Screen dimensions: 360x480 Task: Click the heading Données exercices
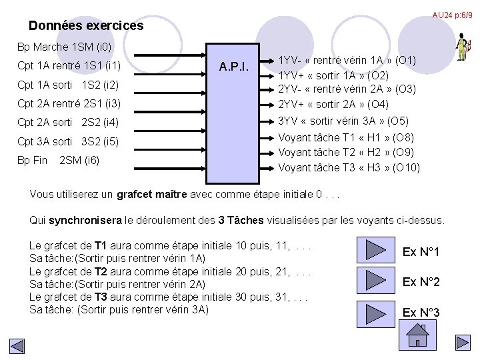pos(86,26)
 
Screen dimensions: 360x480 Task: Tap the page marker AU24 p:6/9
pos(452,15)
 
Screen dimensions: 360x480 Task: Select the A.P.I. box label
pos(235,67)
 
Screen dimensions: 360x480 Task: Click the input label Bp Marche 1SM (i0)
pos(64,47)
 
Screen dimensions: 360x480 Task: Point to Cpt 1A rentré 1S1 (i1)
pos(69,66)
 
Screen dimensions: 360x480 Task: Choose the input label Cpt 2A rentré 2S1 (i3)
pos(69,103)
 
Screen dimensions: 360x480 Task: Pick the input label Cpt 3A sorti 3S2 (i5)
pos(67,141)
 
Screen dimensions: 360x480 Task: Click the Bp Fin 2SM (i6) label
pos(58,160)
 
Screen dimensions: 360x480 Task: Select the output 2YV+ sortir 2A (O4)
pos(333,104)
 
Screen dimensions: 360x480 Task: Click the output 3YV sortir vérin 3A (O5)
pos(343,121)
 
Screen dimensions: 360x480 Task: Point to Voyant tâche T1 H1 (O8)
pos(346,137)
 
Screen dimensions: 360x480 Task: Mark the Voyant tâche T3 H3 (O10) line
pos(349,167)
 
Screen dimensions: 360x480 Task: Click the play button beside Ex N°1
pos(376,249)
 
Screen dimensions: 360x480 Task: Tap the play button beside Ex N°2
pos(376,280)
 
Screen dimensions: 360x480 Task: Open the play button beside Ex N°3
pos(376,312)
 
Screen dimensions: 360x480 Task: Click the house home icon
pos(417,334)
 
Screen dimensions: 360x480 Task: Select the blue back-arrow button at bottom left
pos(17,347)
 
